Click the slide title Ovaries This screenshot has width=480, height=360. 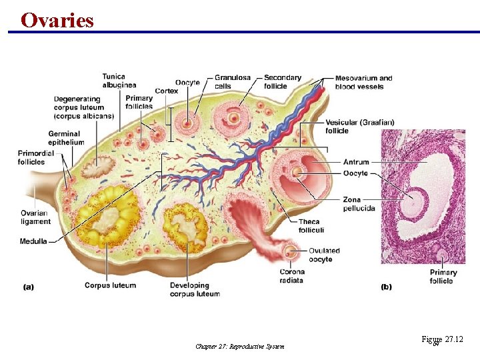[57, 20]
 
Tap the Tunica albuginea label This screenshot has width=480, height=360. [119, 81]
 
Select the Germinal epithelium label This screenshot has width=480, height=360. [66, 138]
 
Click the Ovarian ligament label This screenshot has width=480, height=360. [35, 217]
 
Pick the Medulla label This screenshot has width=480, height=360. [33, 241]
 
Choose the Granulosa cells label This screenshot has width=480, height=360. [233, 82]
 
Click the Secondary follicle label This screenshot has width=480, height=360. [283, 82]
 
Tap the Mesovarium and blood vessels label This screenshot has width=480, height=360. [363, 82]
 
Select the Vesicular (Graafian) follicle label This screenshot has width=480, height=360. [360, 127]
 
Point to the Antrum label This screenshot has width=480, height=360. [356, 162]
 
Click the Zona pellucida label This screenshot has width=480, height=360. [359, 204]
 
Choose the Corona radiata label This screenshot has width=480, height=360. [292, 276]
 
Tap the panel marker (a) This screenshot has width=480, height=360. [28, 287]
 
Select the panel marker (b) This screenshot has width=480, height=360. [386, 287]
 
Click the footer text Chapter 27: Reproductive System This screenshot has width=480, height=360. [240, 346]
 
